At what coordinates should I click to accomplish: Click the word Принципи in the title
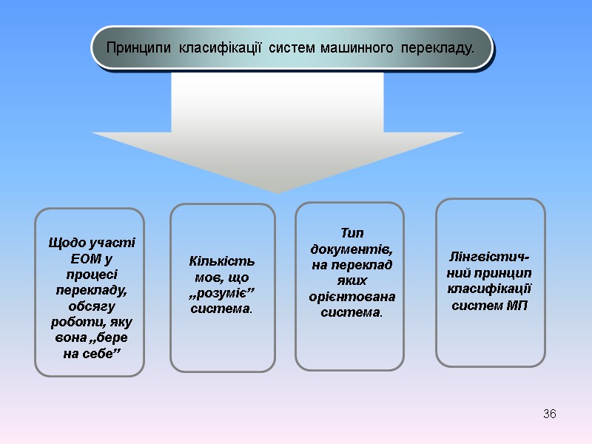point(138,49)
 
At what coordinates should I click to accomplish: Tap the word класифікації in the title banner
point(221,49)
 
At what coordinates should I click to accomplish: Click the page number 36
point(549,413)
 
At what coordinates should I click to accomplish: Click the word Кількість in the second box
point(222,260)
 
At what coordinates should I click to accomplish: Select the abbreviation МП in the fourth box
point(517,306)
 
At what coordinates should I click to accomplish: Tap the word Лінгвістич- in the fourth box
point(489,257)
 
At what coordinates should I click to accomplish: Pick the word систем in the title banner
point(293,49)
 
